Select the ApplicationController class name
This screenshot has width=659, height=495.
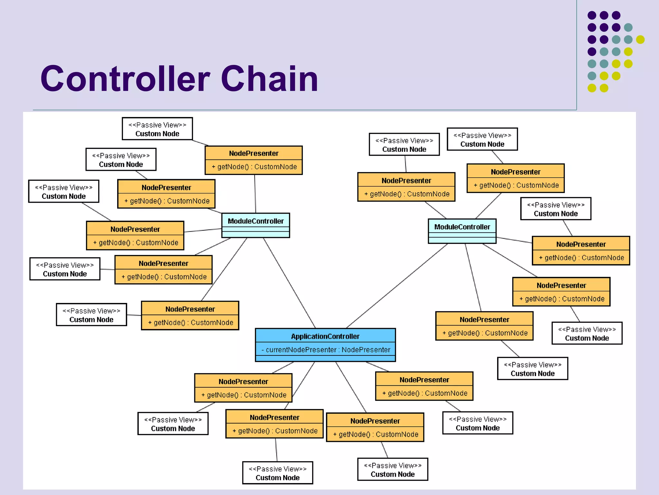[x=325, y=336]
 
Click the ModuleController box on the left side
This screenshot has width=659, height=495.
[x=255, y=225]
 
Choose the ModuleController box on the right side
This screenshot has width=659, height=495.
[x=462, y=230]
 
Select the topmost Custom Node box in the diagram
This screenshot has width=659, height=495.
[x=157, y=129]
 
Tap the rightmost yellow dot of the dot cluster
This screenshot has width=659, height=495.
[x=640, y=40]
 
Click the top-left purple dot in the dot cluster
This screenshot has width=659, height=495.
[x=592, y=15]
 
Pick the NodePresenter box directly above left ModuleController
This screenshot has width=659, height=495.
[x=254, y=160]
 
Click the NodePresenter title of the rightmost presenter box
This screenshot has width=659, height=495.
[x=581, y=244]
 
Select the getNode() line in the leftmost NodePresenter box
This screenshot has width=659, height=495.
[x=135, y=243]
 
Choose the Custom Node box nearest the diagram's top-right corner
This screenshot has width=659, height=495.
[x=482, y=139]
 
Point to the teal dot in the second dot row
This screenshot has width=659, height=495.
[x=628, y=27]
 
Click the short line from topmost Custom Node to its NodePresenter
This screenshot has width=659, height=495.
[x=200, y=143]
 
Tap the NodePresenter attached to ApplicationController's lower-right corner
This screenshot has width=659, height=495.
[x=424, y=386]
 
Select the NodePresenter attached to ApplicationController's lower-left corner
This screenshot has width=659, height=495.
[x=243, y=388]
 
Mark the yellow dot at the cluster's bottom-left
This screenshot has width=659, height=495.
[x=592, y=88]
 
